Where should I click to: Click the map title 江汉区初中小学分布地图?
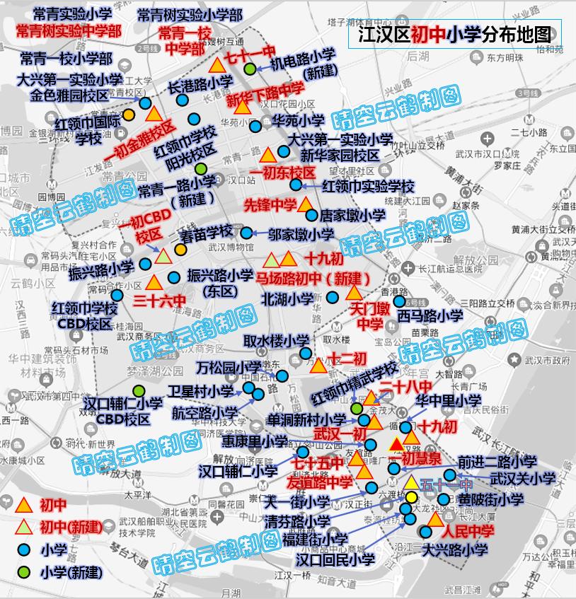pos(454,33)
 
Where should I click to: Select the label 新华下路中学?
pos(266,95)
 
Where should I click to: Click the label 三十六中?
pos(159,301)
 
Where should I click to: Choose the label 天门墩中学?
pos(369,317)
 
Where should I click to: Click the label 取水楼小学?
pos(276,341)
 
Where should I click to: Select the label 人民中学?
pos(468,530)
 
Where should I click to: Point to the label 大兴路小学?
pos(455,549)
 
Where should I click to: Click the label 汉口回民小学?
pos(335,559)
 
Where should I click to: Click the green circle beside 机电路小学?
pos(250,69)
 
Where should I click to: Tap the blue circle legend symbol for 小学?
pos(24,549)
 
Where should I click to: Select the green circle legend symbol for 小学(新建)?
pos(24,571)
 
